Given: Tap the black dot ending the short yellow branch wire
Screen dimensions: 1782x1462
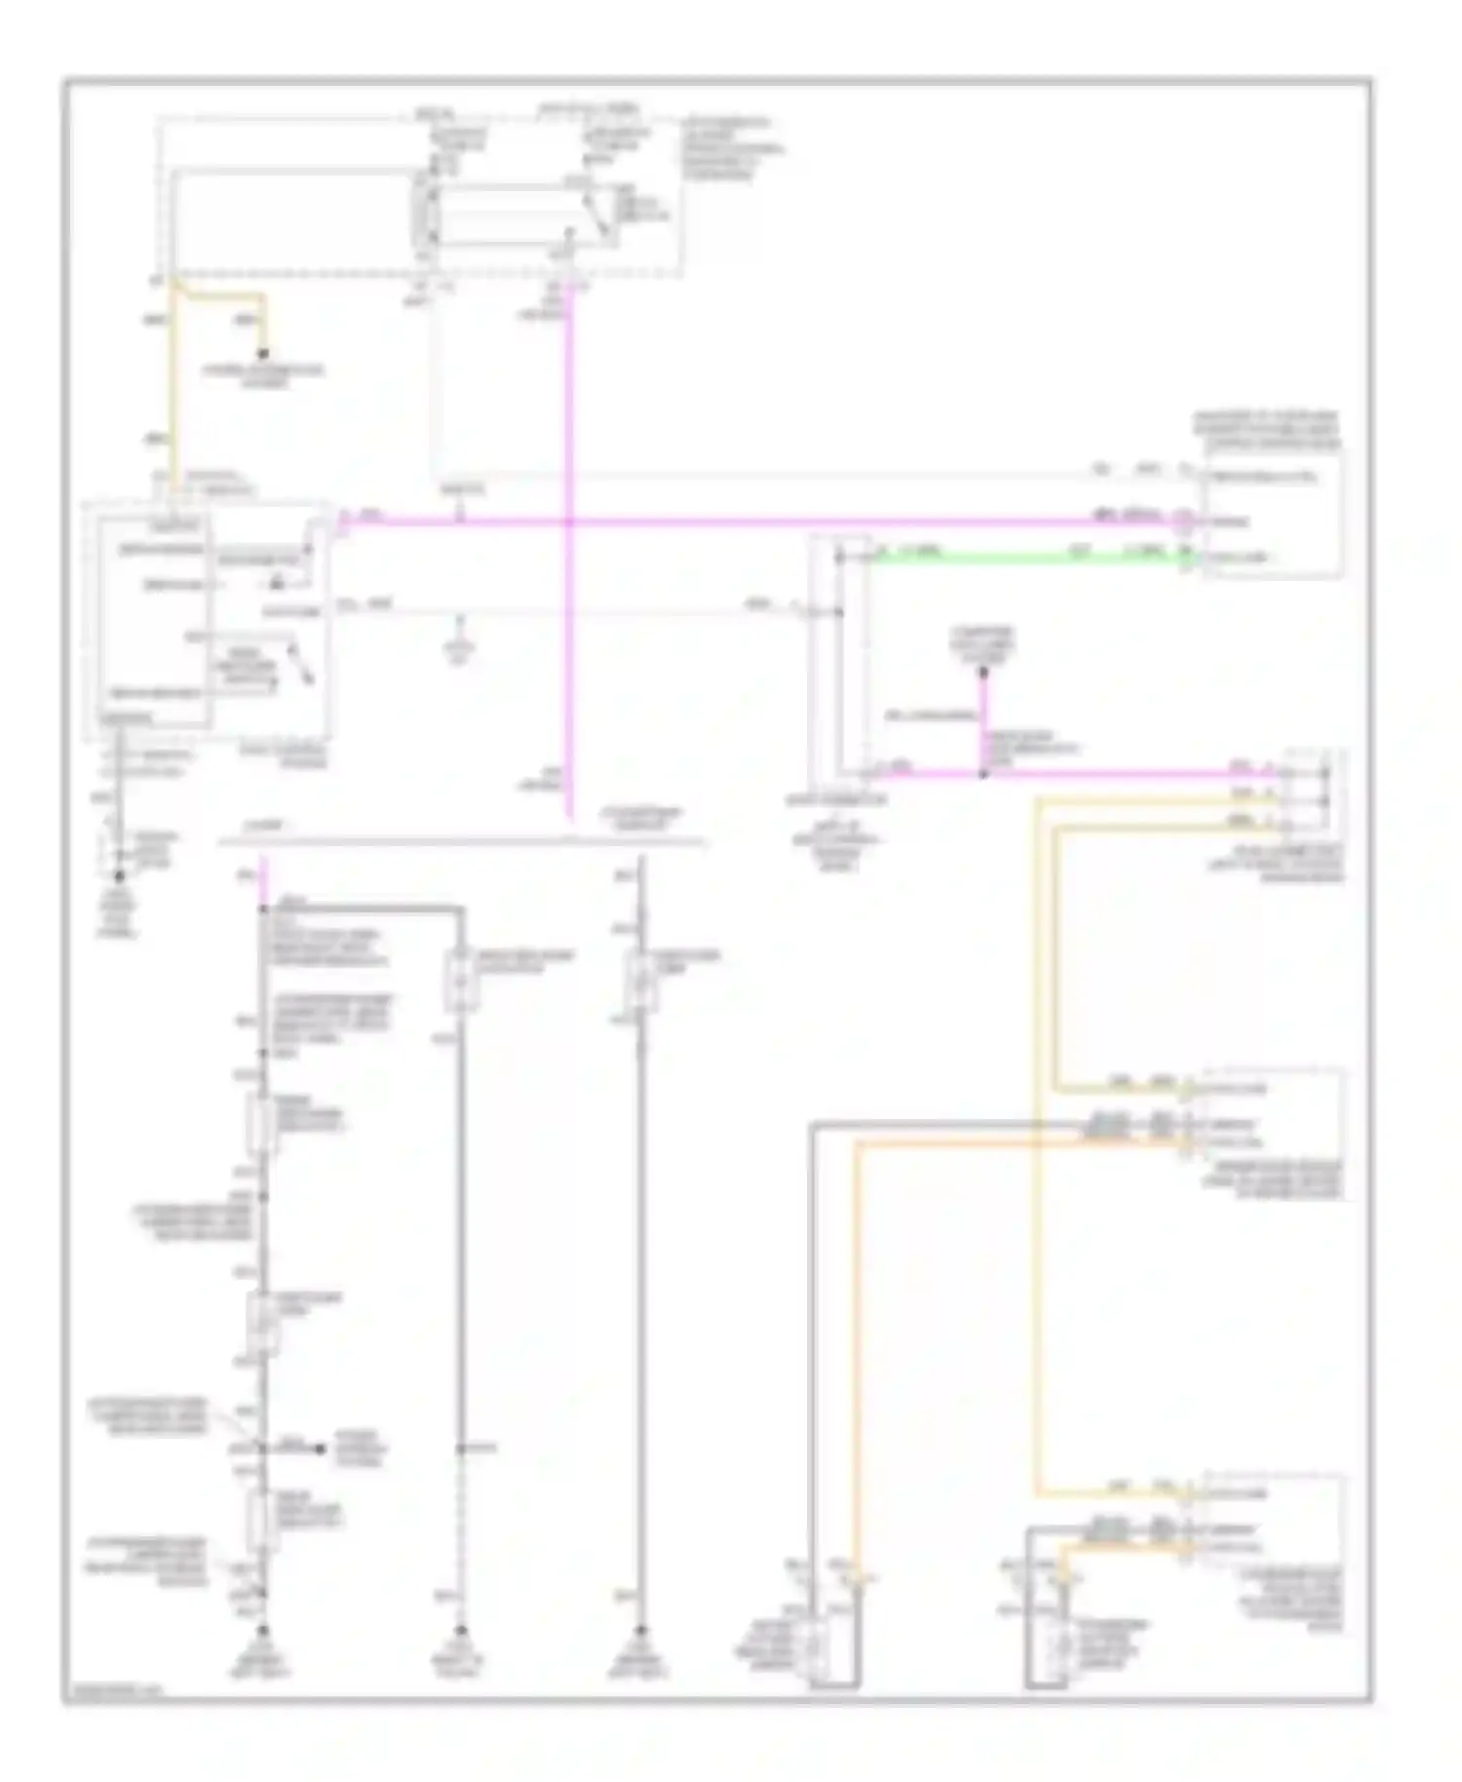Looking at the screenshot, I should click(262, 355).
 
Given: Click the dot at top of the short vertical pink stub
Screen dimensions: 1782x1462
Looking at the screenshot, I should click(983, 673).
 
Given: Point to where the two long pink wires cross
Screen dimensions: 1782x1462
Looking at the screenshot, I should click(569, 523).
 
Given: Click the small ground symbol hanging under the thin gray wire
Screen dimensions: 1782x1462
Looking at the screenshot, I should click(459, 647).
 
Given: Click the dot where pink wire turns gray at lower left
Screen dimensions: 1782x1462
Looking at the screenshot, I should click(262, 910).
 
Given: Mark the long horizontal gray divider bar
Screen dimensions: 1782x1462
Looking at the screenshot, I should click(458, 839).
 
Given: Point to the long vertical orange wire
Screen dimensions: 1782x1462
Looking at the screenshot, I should click(857, 1365).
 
